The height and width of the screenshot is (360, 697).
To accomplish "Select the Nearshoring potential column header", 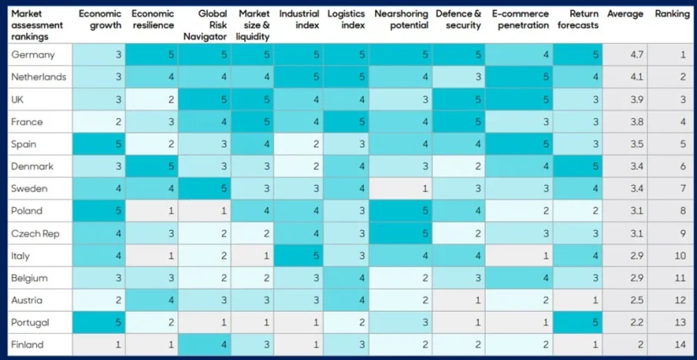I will click(x=401, y=19).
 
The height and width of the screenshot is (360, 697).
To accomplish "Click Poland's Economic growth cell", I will click(x=98, y=210).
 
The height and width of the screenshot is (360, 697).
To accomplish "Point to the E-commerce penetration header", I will click(x=520, y=19).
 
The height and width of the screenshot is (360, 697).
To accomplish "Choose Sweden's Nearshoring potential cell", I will click(x=401, y=188).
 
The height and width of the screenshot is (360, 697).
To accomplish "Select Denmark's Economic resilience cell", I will click(x=151, y=166).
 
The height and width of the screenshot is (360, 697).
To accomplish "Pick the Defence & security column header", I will click(x=459, y=19).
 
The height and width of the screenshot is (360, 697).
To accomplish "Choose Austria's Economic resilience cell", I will click(x=151, y=300).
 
